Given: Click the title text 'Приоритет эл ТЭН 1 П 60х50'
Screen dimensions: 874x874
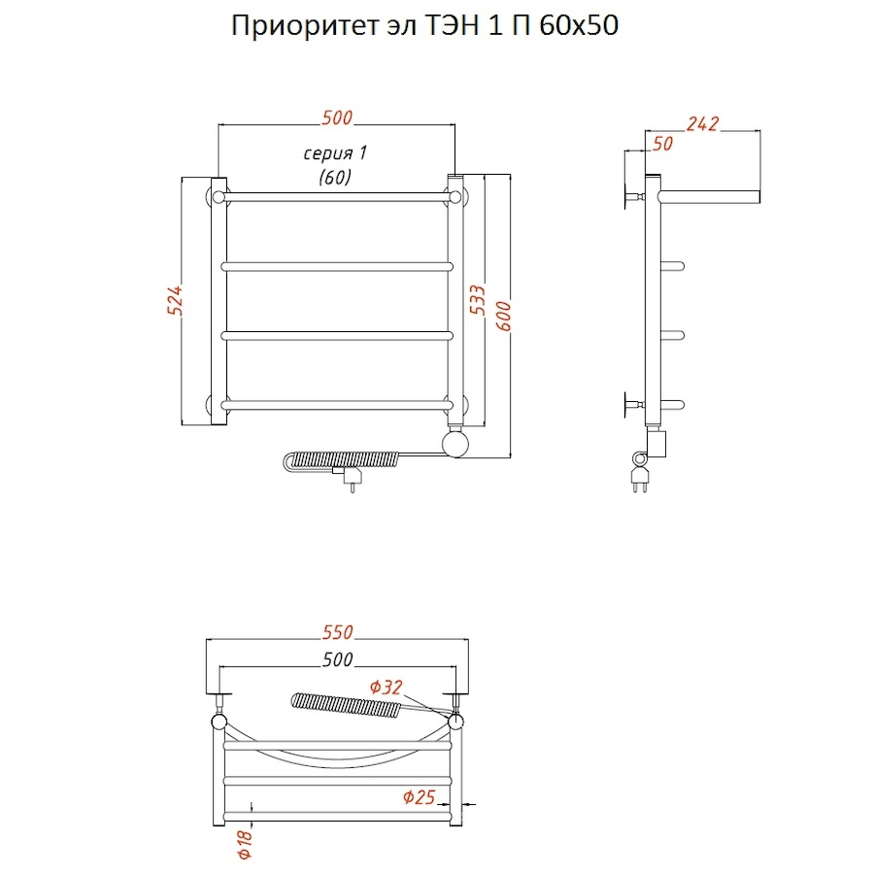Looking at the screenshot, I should [x=424, y=26].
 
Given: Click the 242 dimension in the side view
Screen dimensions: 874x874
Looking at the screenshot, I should [x=701, y=123].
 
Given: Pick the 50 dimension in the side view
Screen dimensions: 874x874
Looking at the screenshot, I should [x=663, y=144].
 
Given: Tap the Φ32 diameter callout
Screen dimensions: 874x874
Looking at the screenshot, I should [x=386, y=688].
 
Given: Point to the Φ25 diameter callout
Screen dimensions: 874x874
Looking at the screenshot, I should [x=418, y=797].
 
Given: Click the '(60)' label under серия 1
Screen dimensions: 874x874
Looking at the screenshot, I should [x=334, y=177].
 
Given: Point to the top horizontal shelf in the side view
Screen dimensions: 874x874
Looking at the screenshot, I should [x=709, y=195].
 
